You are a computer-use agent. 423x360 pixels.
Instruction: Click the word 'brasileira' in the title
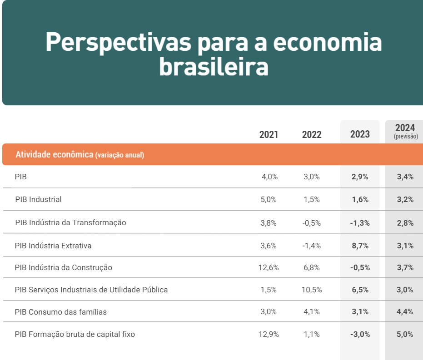coord(214,67)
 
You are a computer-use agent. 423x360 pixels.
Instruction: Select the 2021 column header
coord(269,134)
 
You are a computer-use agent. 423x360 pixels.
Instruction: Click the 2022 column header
coord(312,134)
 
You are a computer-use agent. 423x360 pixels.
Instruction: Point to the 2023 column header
coord(360,134)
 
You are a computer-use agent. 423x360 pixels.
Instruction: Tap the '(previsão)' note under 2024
coord(406,136)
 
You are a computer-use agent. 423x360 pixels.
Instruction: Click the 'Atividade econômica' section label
coord(54,155)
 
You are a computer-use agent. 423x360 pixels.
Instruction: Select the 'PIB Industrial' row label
coord(38,199)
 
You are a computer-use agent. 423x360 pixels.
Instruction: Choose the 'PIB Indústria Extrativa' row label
coord(53,246)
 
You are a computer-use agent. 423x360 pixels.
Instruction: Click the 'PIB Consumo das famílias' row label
coord(60,312)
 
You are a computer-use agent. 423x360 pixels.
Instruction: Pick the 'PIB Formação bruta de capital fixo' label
coord(75,335)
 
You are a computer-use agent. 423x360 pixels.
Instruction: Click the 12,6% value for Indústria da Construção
coord(269,268)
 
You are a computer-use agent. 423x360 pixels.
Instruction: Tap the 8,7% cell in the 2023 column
coord(359,246)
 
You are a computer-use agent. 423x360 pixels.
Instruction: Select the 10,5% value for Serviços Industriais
coord(312,290)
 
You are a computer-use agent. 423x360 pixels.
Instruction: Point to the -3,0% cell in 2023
coord(360,335)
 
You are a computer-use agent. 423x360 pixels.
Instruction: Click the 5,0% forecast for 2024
coord(405,335)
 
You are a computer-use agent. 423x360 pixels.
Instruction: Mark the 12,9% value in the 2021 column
coord(269,335)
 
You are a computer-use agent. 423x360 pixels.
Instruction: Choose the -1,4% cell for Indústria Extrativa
coord(312,246)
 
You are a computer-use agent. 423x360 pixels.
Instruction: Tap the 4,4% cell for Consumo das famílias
coord(405,312)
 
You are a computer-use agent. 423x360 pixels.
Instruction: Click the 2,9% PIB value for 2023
coord(360,177)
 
